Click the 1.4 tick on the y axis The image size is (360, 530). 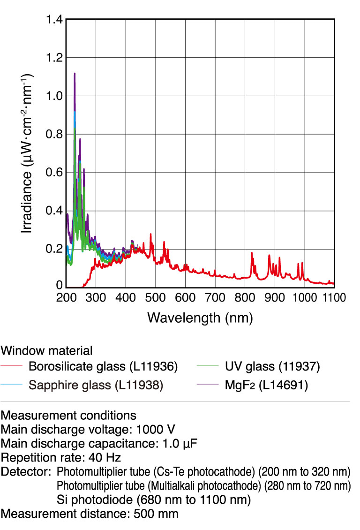[x=53, y=20]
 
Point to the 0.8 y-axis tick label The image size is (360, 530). [x=53, y=134]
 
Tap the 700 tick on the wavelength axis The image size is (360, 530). [x=215, y=297]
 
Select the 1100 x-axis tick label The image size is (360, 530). [x=334, y=297]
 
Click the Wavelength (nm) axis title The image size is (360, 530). [x=200, y=318]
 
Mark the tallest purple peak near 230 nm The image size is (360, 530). [x=75, y=74]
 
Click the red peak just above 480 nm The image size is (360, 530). [x=150, y=234]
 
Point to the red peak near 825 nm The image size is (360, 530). [x=252, y=253]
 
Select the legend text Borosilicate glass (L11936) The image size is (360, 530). [x=103, y=366]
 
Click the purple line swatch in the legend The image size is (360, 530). [x=207, y=385]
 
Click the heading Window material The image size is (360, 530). [x=46, y=350]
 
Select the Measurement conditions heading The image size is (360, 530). [x=68, y=415]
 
